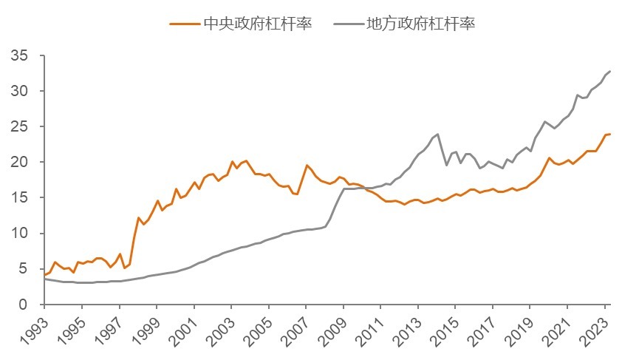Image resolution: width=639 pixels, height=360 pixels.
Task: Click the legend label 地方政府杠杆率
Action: click(420, 23)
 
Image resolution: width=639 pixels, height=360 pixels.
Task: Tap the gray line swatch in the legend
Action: click(348, 24)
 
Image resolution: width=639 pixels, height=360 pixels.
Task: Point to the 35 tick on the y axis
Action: click(19, 56)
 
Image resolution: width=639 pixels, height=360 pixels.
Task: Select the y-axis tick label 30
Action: click(19, 92)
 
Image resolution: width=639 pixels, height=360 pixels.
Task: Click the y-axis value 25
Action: click(19, 127)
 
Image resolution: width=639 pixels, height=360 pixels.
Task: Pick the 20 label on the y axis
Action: click(19, 163)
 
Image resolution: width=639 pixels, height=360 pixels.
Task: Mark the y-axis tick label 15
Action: click(19, 198)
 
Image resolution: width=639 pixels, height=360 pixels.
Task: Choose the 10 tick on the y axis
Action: click(19, 234)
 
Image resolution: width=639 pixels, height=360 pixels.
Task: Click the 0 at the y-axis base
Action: click(24, 305)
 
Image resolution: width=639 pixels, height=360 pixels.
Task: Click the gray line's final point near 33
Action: click(610, 71)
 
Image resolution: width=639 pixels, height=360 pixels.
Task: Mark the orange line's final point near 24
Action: click(610, 134)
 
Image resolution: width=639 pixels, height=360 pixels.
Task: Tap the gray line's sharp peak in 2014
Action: click(438, 134)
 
